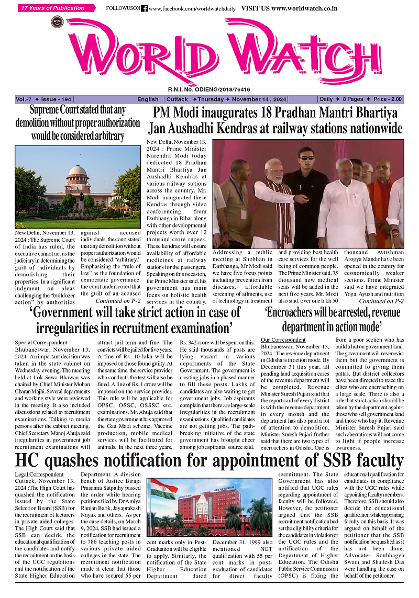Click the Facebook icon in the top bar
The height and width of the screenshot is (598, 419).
pos(145,8)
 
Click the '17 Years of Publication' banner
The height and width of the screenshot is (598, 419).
pos(52,8)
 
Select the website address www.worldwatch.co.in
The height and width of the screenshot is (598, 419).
pos(304,8)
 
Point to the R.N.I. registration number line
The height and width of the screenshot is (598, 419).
pos(209,89)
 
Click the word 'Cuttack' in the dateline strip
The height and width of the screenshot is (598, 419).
pos(178,99)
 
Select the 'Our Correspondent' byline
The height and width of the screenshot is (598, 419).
pos(281,340)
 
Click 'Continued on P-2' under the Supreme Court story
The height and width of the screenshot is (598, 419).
pos(118,301)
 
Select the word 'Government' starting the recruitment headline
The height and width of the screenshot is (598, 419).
pos(67,313)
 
